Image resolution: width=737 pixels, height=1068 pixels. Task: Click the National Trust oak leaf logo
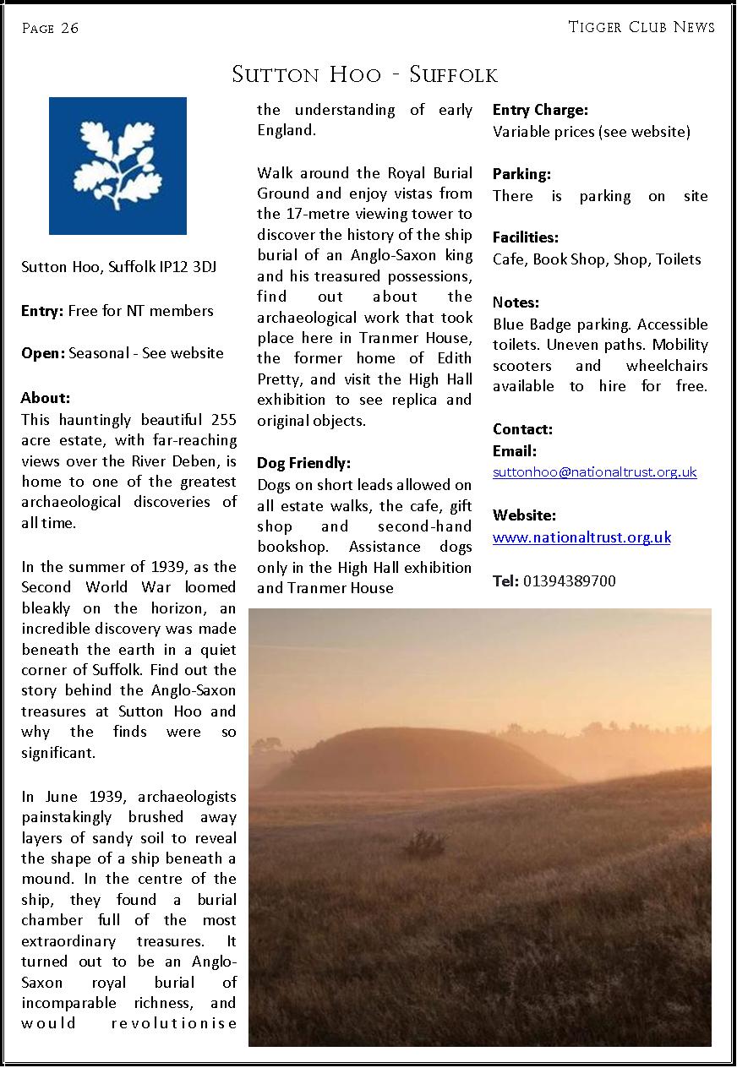(x=117, y=166)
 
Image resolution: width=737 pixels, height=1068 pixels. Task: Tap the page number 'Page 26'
(x=50, y=29)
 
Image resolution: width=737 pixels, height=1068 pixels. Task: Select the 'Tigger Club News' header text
(x=641, y=27)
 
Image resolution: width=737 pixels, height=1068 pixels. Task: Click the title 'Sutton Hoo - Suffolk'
(x=364, y=75)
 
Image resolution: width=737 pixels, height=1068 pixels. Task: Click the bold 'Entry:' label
(x=42, y=311)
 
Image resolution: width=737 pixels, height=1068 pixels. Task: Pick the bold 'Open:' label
(x=42, y=353)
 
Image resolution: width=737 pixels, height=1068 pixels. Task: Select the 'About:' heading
(x=46, y=398)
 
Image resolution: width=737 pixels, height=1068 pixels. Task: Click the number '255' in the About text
(x=222, y=420)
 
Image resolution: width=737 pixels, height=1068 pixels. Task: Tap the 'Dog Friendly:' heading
(x=303, y=463)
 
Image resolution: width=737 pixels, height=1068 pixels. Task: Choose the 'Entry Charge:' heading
(x=540, y=110)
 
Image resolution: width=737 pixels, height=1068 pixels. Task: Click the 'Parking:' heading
(x=521, y=174)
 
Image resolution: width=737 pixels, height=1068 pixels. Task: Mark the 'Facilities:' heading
(x=526, y=238)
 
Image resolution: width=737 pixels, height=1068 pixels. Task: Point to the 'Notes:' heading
(x=516, y=302)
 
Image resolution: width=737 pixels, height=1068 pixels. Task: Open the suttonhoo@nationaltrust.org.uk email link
(x=594, y=472)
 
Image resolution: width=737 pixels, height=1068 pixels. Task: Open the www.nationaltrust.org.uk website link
(x=581, y=537)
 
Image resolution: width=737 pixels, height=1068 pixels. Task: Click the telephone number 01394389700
(x=570, y=581)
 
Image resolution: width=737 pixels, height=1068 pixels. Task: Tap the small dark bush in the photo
(x=425, y=842)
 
